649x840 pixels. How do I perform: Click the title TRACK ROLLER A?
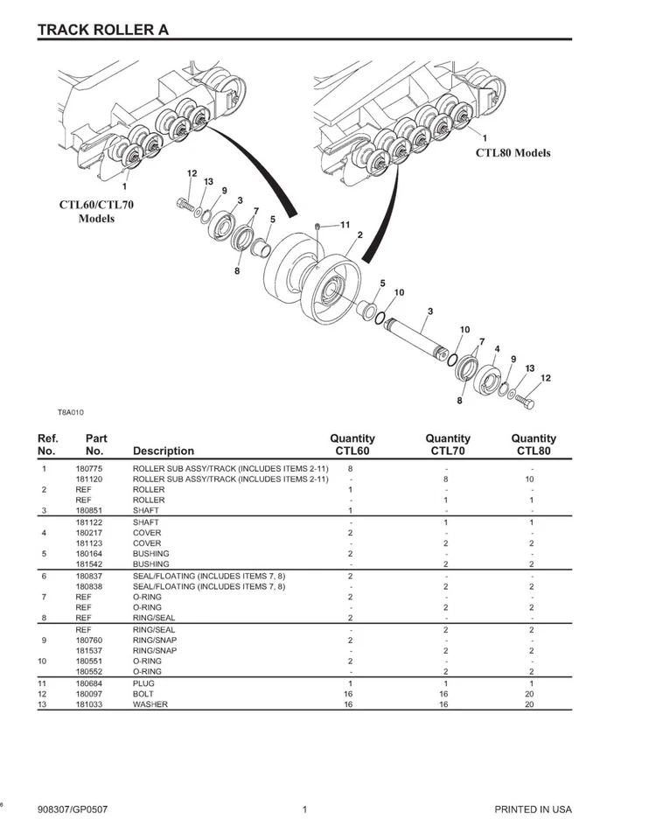(103, 30)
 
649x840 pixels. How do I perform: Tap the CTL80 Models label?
(513, 152)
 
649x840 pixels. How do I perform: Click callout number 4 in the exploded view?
(497, 349)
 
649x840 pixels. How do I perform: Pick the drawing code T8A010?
(71, 411)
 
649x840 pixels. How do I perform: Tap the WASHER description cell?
(150, 703)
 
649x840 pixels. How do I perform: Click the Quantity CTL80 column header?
(534, 444)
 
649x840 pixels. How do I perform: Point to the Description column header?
(164, 451)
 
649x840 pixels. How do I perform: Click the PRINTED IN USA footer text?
(533, 809)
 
